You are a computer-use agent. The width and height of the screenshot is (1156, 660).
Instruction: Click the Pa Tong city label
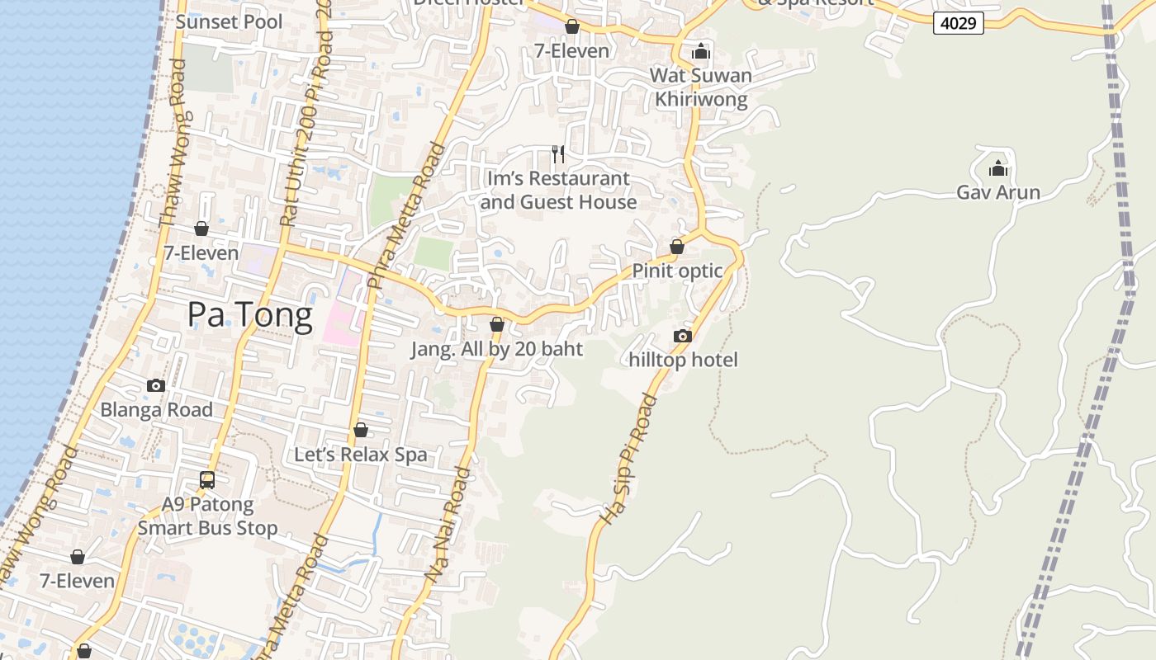[x=249, y=315]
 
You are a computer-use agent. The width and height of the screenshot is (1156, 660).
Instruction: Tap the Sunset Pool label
[x=229, y=22]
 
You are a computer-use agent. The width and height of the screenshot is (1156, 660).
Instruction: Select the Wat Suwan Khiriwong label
[x=701, y=87]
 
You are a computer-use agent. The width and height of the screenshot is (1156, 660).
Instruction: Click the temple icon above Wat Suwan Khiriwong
[x=701, y=51]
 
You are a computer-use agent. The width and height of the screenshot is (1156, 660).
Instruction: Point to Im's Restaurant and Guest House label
[x=558, y=191]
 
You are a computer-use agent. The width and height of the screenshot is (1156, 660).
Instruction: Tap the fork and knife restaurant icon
[x=558, y=153]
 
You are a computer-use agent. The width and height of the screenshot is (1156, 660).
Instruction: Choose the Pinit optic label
[x=677, y=271]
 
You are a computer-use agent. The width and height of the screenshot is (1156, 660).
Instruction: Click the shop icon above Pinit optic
[x=677, y=247]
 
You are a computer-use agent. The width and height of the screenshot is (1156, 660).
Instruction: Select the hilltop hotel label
[x=683, y=360]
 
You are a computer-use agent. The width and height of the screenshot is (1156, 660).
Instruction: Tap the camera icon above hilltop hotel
[x=682, y=336]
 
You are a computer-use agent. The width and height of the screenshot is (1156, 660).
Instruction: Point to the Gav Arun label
[x=997, y=192]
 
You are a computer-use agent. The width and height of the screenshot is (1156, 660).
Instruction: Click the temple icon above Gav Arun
[x=998, y=168]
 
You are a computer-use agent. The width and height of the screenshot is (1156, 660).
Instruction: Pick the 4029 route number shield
[x=959, y=23]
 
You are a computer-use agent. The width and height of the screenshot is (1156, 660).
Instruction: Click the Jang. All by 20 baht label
[x=497, y=349]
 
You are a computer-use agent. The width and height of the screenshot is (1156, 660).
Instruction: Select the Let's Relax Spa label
[x=361, y=455]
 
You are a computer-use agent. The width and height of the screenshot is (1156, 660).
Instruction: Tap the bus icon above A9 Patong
[x=207, y=479]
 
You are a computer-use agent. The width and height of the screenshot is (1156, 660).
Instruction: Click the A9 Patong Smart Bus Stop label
[x=207, y=516]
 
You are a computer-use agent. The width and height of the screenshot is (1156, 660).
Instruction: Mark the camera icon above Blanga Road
[x=155, y=385]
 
